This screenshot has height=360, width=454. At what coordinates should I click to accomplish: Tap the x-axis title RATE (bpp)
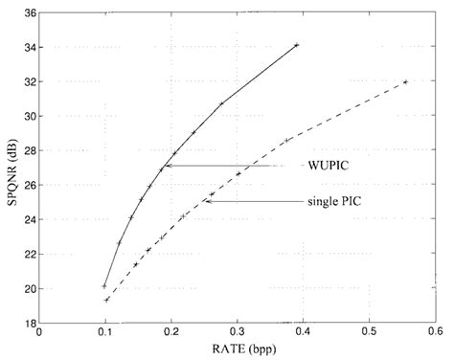point(237,349)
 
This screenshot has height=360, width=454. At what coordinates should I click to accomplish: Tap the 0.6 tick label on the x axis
point(436,334)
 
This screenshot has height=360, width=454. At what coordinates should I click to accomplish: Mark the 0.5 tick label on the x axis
point(370,334)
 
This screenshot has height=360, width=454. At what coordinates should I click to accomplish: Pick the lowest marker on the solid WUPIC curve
point(104,285)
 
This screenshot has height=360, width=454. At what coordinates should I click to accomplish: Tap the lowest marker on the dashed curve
point(107,300)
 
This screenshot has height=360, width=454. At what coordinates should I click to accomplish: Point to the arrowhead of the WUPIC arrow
point(167,166)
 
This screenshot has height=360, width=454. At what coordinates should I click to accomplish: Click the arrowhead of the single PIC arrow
point(205,201)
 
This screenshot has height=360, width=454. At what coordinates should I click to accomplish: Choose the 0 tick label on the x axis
point(39,334)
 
